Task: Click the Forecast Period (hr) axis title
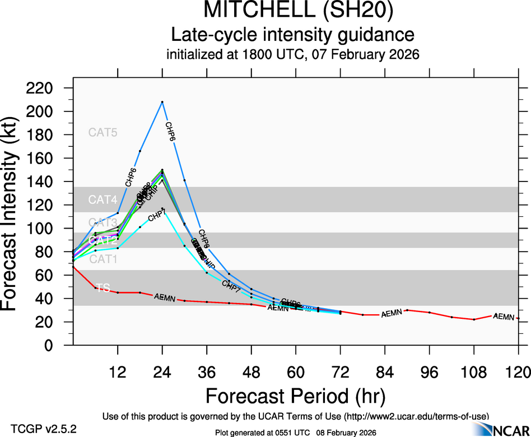[296, 397]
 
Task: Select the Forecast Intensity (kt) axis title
[16, 217]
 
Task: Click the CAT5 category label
[103, 133]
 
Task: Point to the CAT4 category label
[103, 200]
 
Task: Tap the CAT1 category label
[103, 259]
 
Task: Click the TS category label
[103, 288]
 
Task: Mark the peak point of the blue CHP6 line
[162, 102]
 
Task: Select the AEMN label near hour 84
[392, 314]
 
